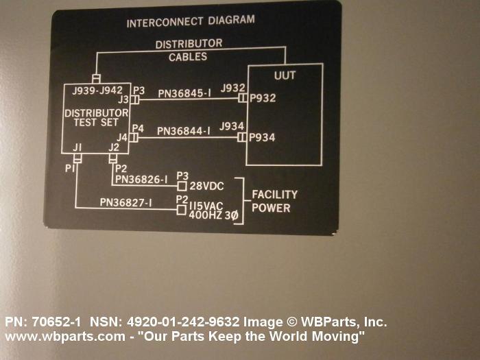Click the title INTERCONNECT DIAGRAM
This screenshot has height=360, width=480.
coord(190,22)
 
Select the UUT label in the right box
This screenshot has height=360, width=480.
coord(285,75)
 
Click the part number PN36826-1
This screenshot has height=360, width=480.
coord(141,180)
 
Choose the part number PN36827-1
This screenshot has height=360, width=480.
coord(125,202)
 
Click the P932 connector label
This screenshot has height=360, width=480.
coord(263,99)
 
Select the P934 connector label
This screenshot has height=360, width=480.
coord(263,137)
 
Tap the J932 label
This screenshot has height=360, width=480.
coord(232,88)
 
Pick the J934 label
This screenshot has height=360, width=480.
coord(232,126)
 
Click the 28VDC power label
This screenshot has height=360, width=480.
coord(206,186)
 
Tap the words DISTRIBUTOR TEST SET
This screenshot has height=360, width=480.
coord(96,117)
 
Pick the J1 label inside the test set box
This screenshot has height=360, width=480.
coord(77,148)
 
